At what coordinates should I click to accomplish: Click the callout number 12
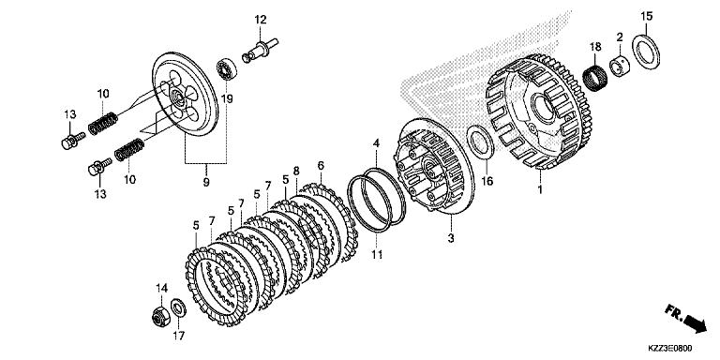point(260,19)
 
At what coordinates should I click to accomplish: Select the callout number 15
point(646,16)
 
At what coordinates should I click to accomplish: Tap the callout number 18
point(594,47)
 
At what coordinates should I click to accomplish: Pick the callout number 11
point(375,253)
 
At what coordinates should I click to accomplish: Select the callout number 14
point(161,287)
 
